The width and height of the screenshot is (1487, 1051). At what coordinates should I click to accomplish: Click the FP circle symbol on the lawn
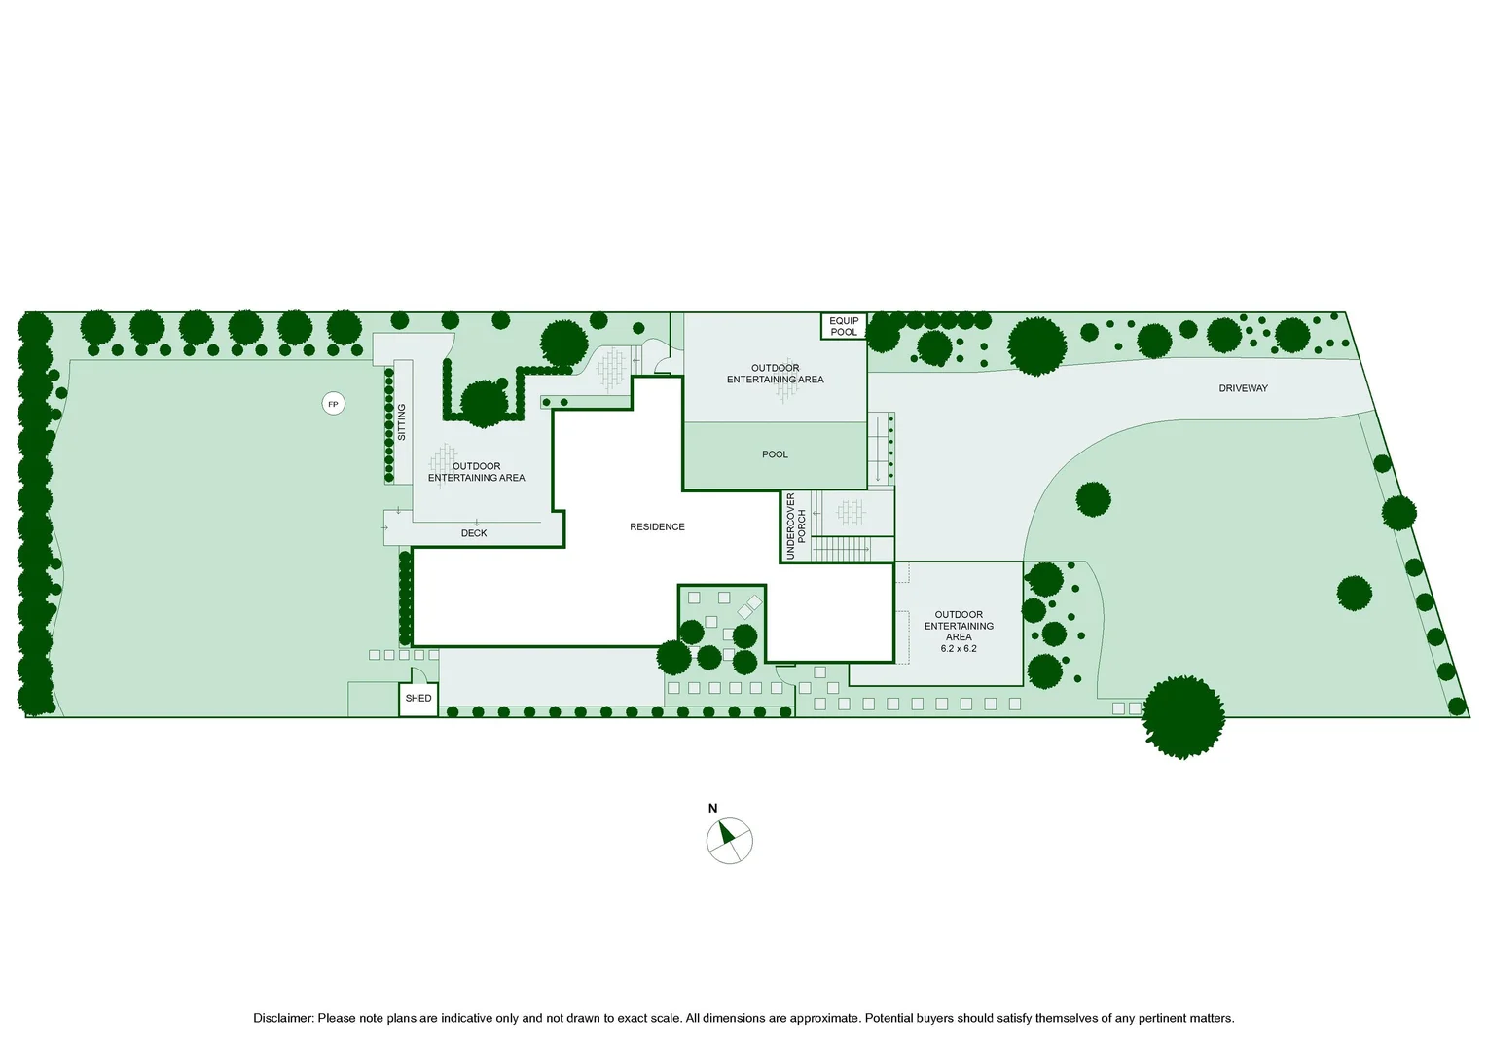click(333, 404)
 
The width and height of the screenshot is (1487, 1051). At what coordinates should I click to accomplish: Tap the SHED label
click(418, 698)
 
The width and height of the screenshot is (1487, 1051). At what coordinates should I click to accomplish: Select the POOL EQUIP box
click(844, 327)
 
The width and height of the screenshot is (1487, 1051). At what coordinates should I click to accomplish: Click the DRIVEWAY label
click(1244, 388)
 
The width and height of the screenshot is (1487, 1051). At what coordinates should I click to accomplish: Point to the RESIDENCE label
click(657, 527)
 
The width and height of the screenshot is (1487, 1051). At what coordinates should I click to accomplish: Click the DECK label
click(474, 533)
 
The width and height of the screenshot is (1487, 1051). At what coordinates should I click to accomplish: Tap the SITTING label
click(401, 422)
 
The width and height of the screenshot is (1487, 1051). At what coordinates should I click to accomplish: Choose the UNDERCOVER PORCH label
click(795, 525)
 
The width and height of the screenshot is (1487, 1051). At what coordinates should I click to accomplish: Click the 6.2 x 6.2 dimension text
click(959, 649)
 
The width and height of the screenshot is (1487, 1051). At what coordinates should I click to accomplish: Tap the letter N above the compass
click(713, 808)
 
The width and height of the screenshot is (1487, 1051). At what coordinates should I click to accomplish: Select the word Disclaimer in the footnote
click(283, 1018)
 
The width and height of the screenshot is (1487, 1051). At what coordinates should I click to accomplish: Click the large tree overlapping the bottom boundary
click(1183, 717)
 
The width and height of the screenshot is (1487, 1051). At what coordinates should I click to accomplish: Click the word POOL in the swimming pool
click(775, 454)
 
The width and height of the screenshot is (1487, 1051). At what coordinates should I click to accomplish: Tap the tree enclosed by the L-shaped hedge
click(484, 403)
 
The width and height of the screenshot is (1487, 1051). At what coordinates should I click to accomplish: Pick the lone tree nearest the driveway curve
click(1093, 499)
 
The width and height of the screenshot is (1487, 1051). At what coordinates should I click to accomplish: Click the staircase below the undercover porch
click(842, 549)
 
